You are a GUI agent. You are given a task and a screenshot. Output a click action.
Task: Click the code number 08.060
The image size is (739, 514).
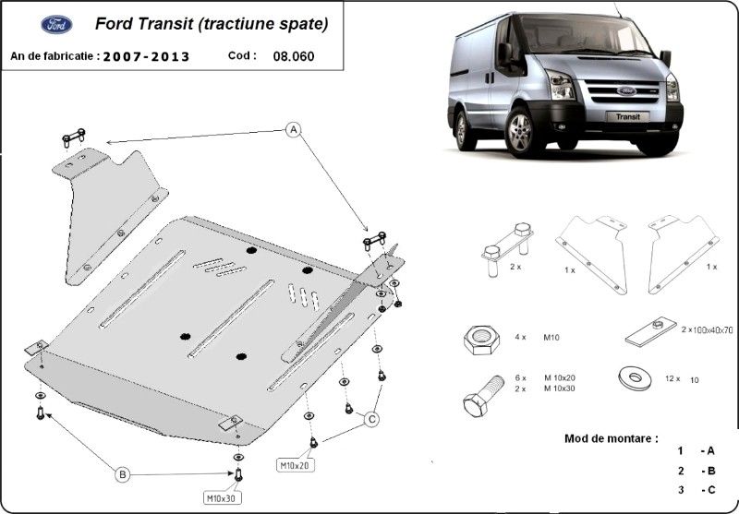(293, 55)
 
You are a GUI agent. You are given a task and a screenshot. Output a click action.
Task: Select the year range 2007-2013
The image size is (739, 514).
(146, 56)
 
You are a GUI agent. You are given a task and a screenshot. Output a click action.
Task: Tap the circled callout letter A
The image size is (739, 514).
(294, 129)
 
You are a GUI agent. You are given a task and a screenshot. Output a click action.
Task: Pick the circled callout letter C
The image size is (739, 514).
(371, 419)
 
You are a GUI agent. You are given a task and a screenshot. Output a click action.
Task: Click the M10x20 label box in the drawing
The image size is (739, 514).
(297, 464)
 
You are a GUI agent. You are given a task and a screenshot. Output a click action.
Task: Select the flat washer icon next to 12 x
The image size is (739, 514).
(632, 378)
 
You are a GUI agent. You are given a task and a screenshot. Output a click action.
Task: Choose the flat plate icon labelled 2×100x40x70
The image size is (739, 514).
(651, 331)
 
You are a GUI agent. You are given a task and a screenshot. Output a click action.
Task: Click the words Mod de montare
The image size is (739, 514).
(611, 437)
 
